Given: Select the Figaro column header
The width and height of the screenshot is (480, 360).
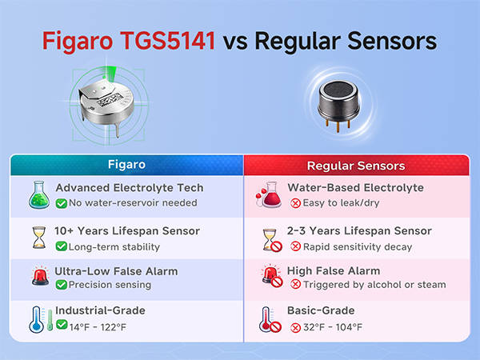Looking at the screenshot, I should pyautogui.click(x=126, y=165).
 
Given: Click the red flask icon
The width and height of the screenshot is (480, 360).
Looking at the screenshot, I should pyautogui.click(x=269, y=195).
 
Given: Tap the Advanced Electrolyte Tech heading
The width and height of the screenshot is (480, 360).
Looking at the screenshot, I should pyautogui.click(x=129, y=188).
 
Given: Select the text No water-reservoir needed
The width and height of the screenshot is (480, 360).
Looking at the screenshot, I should pyautogui.click(x=132, y=203).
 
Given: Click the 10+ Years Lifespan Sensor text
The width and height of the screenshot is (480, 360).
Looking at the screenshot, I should pyautogui.click(x=127, y=231).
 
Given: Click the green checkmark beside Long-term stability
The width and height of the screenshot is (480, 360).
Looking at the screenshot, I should pyautogui.click(x=61, y=247).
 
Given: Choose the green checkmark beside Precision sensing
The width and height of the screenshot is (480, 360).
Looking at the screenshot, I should pyautogui.click(x=61, y=285).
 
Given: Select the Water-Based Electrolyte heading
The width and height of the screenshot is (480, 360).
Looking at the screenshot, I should pyautogui.click(x=354, y=188).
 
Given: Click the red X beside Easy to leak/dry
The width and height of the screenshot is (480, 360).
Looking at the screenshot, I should pyautogui.click(x=295, y=203).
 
